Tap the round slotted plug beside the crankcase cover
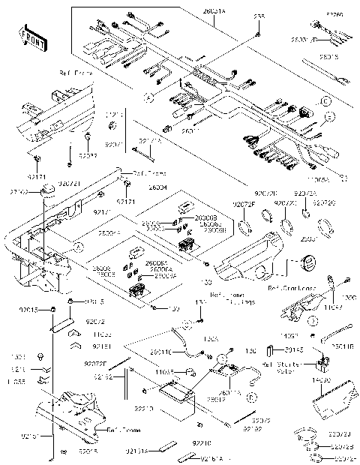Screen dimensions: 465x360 (306, 264)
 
